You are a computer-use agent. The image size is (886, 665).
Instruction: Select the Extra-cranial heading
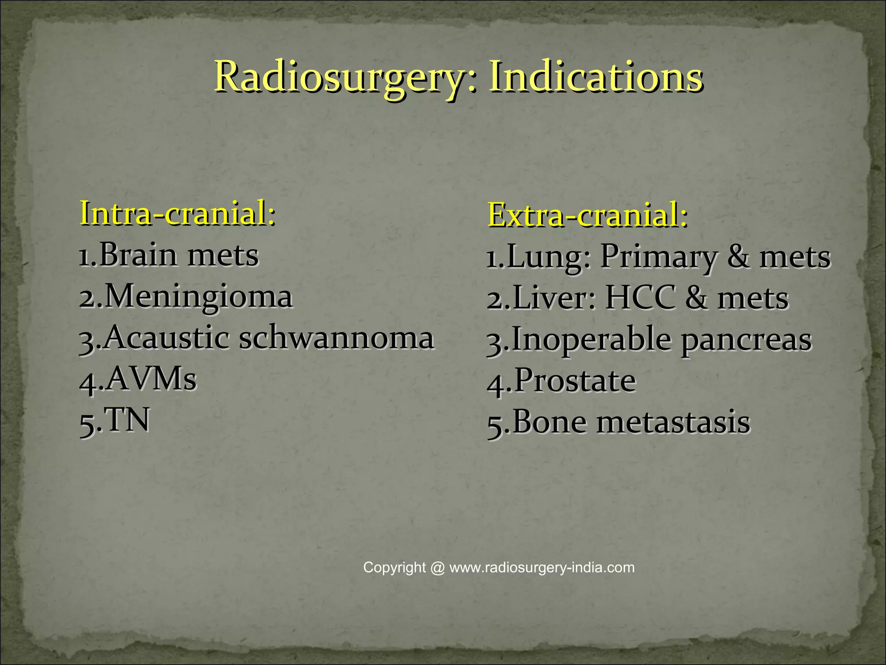click(x=587, y=215)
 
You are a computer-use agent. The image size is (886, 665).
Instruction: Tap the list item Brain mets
click(x=178, y=255)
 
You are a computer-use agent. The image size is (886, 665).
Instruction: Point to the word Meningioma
click(x=199, y=297)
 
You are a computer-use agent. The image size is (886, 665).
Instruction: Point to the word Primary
click(x=658, y=257)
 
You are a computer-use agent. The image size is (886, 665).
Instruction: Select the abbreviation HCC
click(x=640, y=298)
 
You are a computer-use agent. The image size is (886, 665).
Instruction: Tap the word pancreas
click(x=746, y=340)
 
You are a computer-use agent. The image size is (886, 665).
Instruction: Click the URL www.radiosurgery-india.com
click(x=542, y=568)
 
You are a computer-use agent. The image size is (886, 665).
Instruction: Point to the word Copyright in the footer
click(x=395, y=568)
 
